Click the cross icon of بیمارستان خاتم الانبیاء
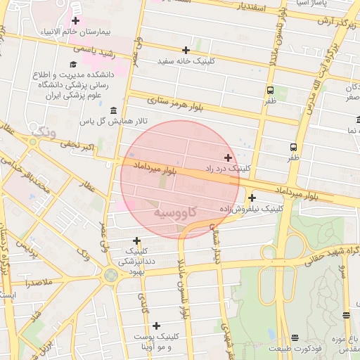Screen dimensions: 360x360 (75, 21)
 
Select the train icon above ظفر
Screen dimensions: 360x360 (271, 90)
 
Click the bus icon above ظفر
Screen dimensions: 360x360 (293, 147)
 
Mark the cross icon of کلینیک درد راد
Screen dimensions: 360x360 (228, 157)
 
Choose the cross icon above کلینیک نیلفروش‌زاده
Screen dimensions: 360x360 (252, 198)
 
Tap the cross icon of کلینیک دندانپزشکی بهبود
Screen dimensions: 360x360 (136, 240)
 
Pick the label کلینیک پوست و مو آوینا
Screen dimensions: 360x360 (153, 342)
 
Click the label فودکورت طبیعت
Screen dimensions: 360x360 (295, 349)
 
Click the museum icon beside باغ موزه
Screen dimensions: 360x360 (345, 314)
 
